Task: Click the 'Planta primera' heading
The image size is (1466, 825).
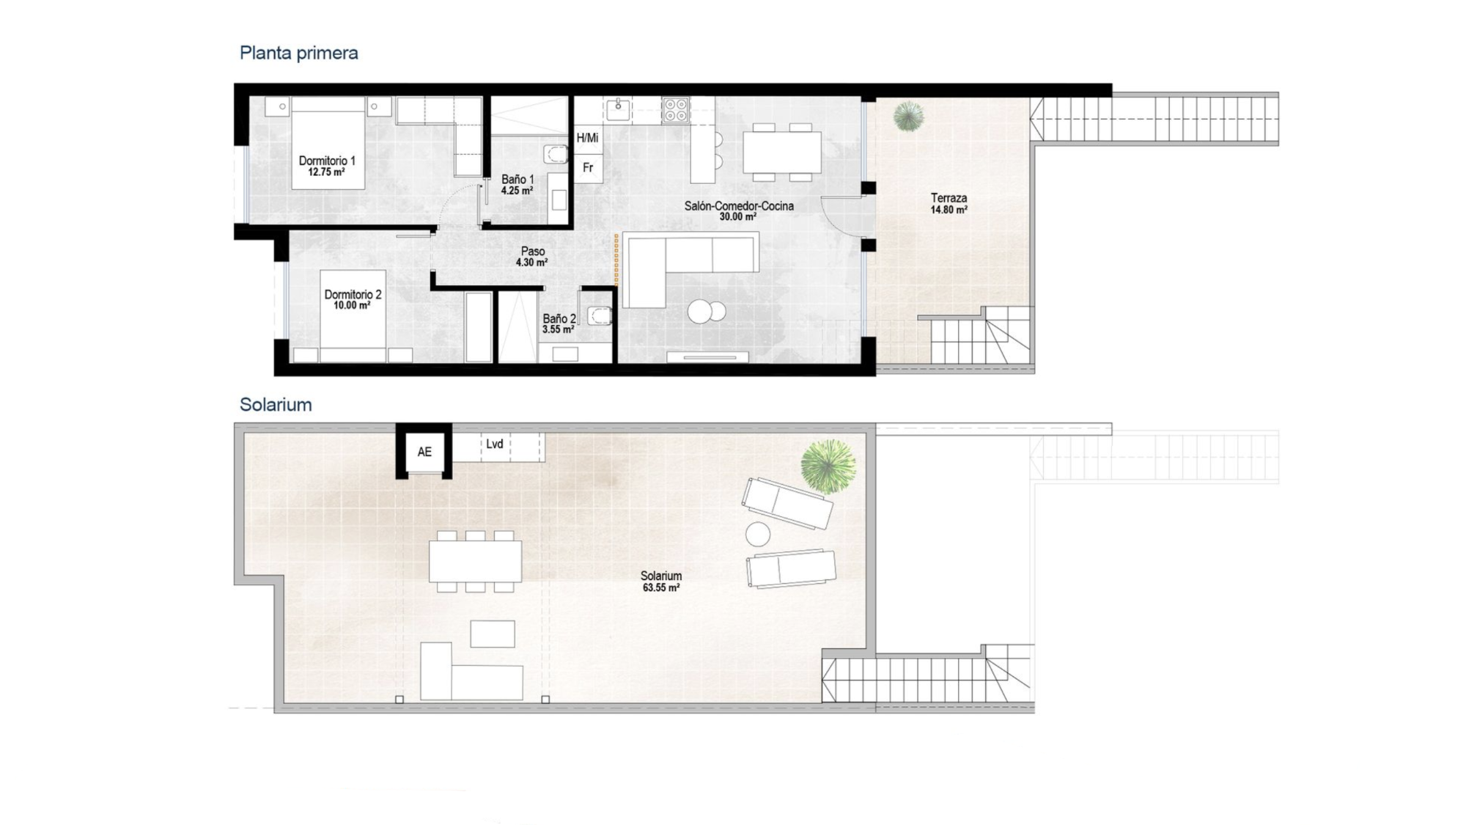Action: click(x=299, y=53)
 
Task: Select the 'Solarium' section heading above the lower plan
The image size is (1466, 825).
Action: click(x=276, y=405)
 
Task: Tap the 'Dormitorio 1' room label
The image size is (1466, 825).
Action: click(x=327, y=161)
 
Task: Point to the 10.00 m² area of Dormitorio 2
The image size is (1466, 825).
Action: click(x=352, y=306)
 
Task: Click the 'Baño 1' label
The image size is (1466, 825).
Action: click(x=517, y=179)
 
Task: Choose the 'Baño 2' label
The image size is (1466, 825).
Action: click(x=559, y=319)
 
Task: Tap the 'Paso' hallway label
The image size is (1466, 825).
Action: click(x=533, y=252)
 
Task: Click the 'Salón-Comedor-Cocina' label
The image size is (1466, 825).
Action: click(x=739, y=206)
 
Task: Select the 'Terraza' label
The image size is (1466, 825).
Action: click(x=949, y=198)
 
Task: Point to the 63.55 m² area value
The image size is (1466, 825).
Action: click(x=661, y=588)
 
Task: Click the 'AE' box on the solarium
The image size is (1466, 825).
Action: click(x=424, y=452)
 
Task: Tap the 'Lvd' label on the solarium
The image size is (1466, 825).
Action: click(x=495, y=444)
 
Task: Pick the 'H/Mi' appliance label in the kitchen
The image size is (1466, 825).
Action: click(x=587, y=138)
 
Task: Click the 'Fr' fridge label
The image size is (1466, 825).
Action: click(x=588, y=168)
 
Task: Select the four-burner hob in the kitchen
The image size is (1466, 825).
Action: click(x=675, y=110)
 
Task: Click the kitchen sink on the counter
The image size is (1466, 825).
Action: click(x=618, y=110)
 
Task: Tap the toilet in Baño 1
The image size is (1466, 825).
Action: click(x=556, y=155)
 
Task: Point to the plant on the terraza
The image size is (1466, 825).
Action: click(x=908, y=116)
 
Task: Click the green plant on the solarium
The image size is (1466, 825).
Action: click(x=828, y=466)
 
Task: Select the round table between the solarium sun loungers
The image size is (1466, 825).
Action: click(x=758, y=534)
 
